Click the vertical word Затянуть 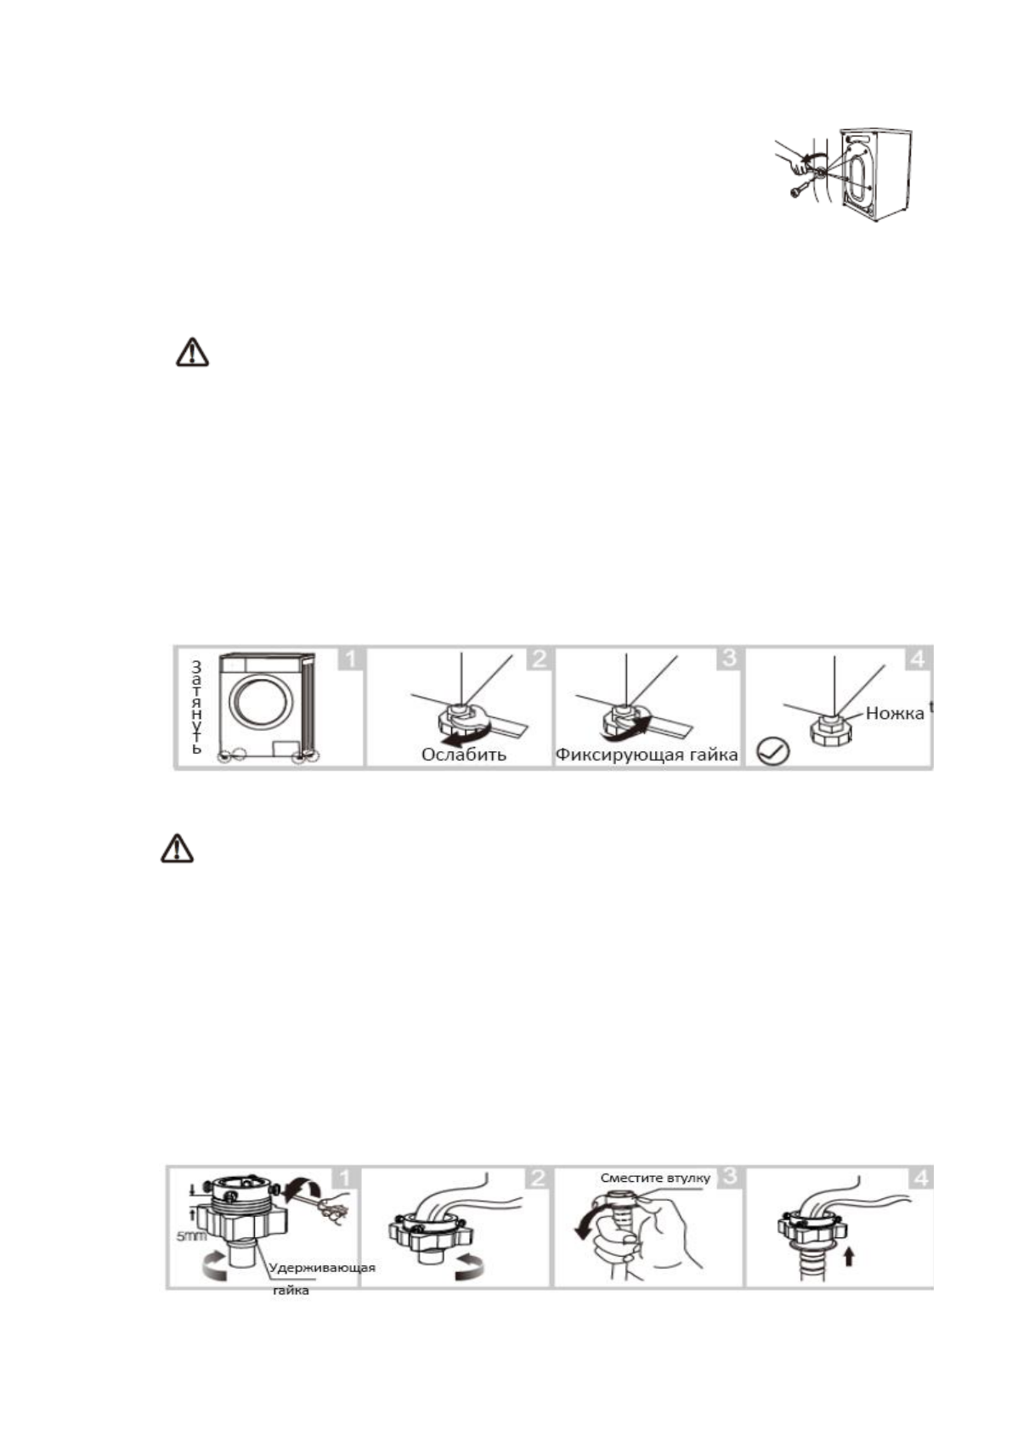click(196, 707)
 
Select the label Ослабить click(463, 754)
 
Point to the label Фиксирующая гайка click(647, 754)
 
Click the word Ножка click(894, 714)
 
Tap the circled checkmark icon click(772, 751)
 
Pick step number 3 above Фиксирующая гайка click(730, 659)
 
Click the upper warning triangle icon click(192, 353)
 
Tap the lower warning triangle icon click(177, 849)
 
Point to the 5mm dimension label click(191, 1236)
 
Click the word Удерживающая click(322, 1268)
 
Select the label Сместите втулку click(655, 1178)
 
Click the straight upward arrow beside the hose click(848, 1254)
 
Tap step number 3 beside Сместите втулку click(730, 1178)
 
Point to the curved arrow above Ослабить click(467, 732)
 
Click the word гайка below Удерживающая click(291, 1290)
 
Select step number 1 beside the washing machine click(349, 659)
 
